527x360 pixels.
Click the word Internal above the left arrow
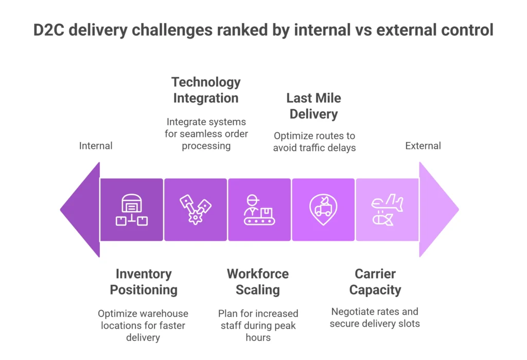coord(95,146)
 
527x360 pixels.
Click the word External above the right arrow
coord(423,146)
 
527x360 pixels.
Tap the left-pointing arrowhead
coord(80,210)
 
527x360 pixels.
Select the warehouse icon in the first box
coord(131,210)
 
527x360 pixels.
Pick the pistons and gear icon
coord(195,210)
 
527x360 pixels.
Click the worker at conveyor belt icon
coord(259,210)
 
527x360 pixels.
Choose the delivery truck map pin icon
coord(323,210)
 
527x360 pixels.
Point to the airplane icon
coord(388,202)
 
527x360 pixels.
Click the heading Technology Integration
coord(206,90)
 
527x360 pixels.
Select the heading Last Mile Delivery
coord(313,106)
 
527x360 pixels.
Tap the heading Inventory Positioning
coord(144,282)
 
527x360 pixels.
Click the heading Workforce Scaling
coord(258,282)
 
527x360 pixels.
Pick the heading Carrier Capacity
coord(375,282)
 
